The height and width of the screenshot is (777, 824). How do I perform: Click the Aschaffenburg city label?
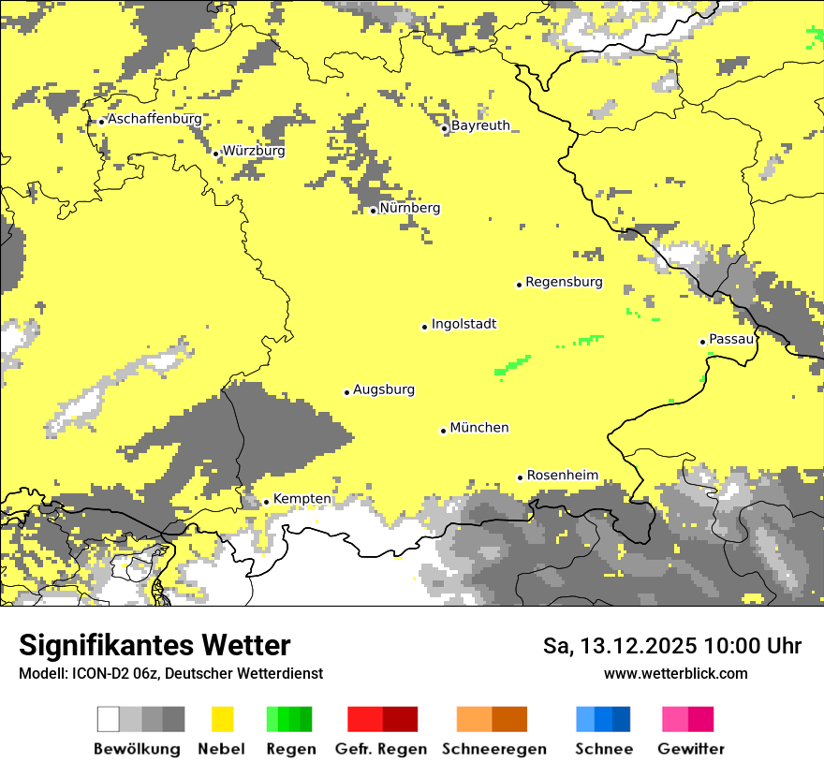tap(154, 120)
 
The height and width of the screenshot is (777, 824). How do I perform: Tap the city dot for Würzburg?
tap(215, 154)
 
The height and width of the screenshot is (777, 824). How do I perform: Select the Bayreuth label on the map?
tap(480, 125)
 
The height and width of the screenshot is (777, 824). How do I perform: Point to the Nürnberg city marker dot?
tap(373, 211)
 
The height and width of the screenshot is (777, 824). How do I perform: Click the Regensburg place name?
tap(564, 282)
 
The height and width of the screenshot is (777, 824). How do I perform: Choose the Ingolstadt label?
tap(463, 325)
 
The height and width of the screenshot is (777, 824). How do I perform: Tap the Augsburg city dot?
tap(346, 392)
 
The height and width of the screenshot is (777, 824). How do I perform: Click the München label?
tap(479, 428)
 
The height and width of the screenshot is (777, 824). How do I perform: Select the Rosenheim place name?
tap(562, 476)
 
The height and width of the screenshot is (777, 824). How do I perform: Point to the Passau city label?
tap(731, 339)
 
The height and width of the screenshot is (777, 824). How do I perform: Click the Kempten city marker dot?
tap(266, 502)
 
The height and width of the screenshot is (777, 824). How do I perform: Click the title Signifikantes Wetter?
tap(154, 645)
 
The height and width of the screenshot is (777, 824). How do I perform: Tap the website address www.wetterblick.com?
tap(675, 673)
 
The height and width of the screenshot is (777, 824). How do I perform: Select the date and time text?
tap(671, 646)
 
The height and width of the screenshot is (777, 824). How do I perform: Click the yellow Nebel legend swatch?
tap(222, 719)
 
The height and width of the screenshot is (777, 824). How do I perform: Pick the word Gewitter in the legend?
tap(691, 749)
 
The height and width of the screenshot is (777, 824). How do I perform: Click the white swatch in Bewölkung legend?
tap(109, 719)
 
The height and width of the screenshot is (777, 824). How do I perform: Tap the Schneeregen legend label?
tap(494, 749)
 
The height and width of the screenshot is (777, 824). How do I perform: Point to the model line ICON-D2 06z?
tap(170, 673)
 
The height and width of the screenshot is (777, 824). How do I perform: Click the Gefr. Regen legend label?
tap(381, 749)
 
